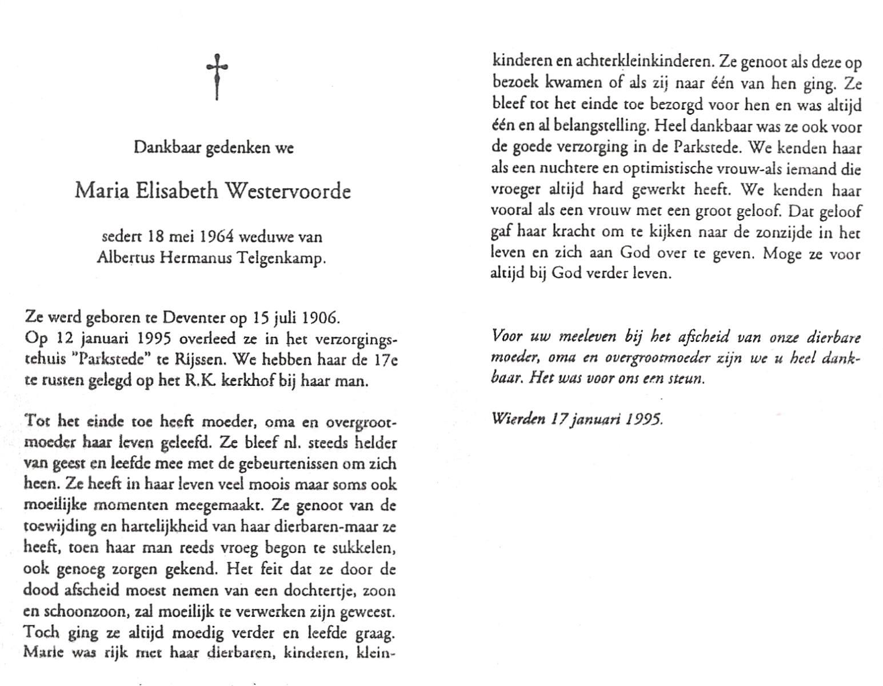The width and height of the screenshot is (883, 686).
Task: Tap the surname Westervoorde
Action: click(x=289, y=190)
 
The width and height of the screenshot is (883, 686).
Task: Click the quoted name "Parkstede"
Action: click(x=115, y=361)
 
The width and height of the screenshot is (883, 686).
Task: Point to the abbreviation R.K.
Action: click(x=201, y=381)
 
